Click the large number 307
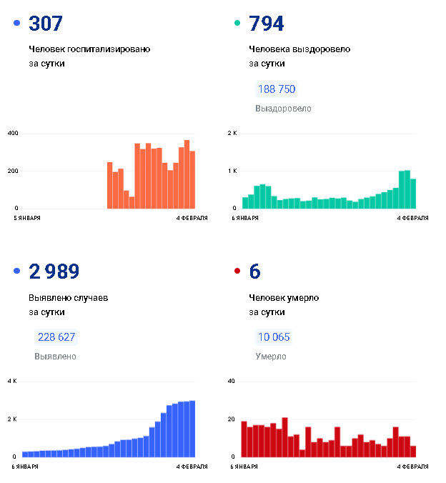click(x=46, y=24)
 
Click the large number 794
click(x=267, y=24)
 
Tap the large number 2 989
click(x=54, y=272)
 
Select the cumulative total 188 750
click(x=277, y=89)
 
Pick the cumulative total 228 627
click(x=56, y=337)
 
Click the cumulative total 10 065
click(x=274, y=337)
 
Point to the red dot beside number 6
click(x=237, y=271)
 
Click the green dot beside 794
click(x=237, y=23)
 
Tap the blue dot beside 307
click(x=17, y=23)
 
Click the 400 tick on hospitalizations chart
click(x=13, y=133)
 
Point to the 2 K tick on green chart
click(x=232, y=133)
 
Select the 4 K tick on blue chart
click(x=12, y=381)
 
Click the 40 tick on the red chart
click(x=231, y=381)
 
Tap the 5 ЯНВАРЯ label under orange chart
click(x=27, y=218)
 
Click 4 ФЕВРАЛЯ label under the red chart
click(x=412, y=467)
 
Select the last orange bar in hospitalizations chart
click(x=192, y=180)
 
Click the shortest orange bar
click(x=132, y=203)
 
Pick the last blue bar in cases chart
click(x=192, y=429)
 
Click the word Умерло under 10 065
click(x=271, y=357)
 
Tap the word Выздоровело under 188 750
click(x=283, y=109)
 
